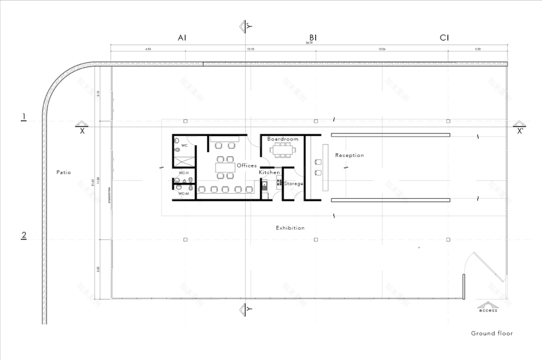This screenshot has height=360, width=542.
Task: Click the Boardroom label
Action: coord(283,140)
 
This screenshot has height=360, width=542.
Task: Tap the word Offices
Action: coord(246,166)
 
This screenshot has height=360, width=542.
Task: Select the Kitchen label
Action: coord(269,173)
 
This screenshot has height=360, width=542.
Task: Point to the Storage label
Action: coord(294,183)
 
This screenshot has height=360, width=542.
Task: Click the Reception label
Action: coord(349,156)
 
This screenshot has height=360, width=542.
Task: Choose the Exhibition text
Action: coord(290,228)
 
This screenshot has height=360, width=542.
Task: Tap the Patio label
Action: coord(63,172)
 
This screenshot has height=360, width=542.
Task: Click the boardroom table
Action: coord(284,150)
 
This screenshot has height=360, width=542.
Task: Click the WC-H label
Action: coord(183,173)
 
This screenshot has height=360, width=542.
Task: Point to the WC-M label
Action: coord(183,194)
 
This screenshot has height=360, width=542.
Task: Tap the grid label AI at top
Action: coord(182,38)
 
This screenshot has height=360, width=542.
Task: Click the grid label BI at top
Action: coord(313,38)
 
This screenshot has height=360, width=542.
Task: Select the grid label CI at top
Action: coord(444,38)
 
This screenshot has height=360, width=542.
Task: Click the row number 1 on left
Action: coord(24,117)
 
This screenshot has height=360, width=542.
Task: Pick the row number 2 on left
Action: coord(24,235)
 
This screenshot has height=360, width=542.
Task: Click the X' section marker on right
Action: coord(520,131)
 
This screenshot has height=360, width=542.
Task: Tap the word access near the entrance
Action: coord(488,310)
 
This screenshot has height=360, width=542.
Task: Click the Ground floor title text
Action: coord(491,334)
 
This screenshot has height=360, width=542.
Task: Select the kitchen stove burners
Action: coord(279,183)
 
